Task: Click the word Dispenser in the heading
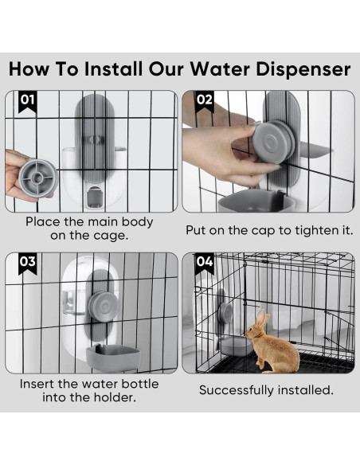click(307, 69)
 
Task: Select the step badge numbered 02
click(205, 101)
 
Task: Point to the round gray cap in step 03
click(103, 307)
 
